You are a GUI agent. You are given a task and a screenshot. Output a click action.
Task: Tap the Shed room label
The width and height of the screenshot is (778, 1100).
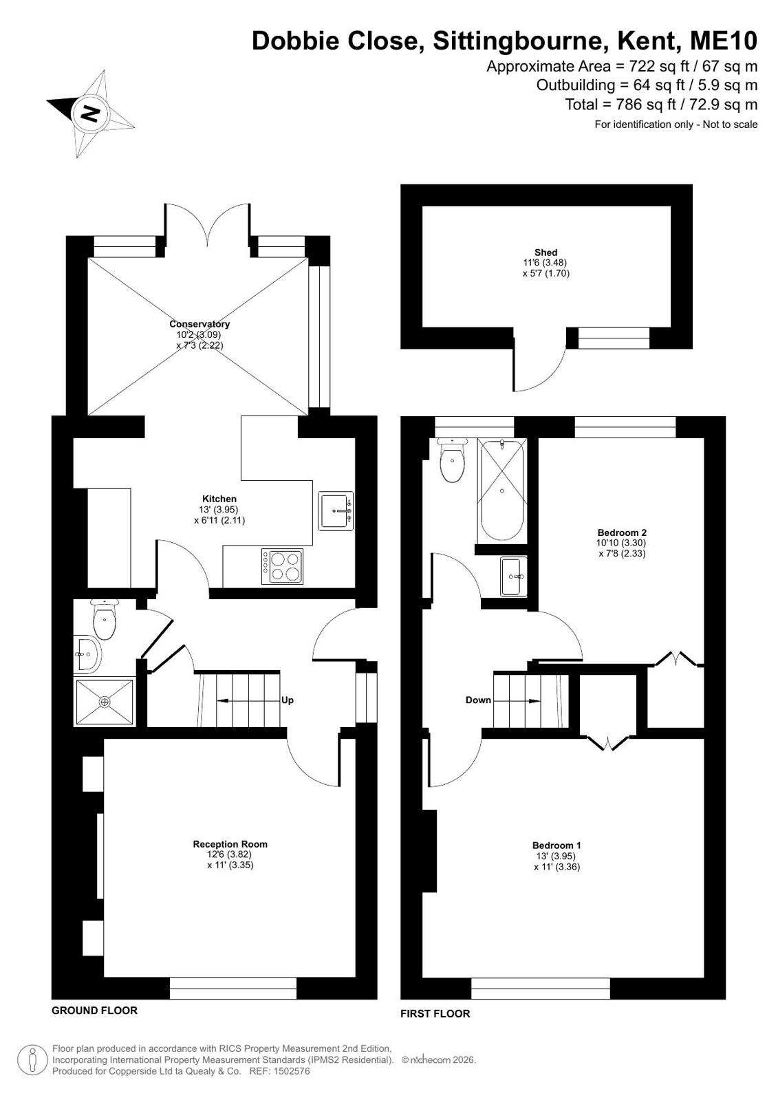point(545,253)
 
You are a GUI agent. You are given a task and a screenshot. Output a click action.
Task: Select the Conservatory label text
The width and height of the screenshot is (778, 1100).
point(199,324)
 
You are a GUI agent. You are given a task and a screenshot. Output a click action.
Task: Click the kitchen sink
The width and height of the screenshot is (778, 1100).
point(336,510)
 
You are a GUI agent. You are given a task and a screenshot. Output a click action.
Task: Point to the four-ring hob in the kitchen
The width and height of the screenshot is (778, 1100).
point(283,566)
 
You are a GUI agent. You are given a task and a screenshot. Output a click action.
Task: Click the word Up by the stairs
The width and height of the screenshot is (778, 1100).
point(288,700)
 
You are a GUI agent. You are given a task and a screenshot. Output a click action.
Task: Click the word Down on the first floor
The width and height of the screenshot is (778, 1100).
point(478,700)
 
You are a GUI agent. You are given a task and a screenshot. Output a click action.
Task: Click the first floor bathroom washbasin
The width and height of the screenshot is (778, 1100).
point(513,576)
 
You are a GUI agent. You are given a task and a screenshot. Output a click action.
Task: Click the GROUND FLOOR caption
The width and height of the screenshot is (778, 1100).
point(94,1010)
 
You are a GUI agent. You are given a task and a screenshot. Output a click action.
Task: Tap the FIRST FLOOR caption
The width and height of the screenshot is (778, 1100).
point(435,1013)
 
